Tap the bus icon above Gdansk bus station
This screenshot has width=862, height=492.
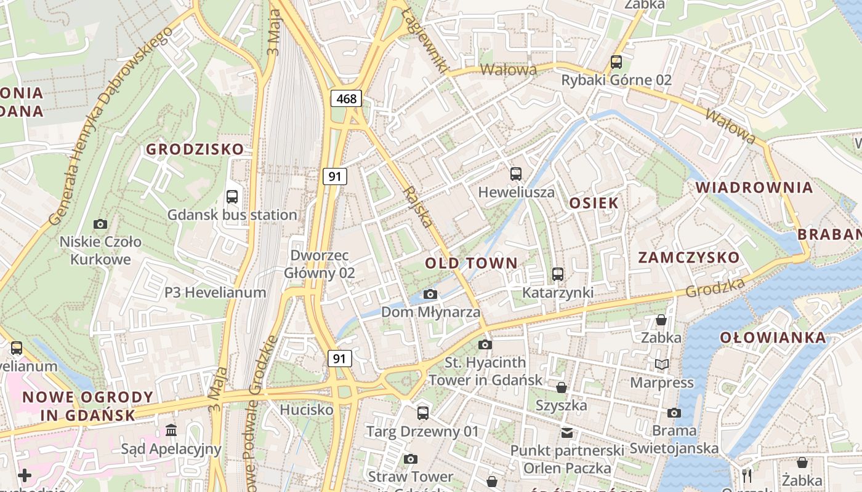point(232,197)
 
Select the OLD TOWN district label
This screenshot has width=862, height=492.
point(471,263)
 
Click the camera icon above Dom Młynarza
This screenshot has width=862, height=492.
point(430,295)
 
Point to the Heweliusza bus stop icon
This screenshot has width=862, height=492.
point(516,174)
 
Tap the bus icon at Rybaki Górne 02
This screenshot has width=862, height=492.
point(616,61)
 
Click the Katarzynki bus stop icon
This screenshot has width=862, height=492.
point(558,274)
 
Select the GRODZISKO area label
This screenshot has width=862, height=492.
point(195,149)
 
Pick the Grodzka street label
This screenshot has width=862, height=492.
point(714,288)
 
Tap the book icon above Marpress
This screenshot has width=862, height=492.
point(662,365)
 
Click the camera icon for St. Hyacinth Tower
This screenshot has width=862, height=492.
point(485,344)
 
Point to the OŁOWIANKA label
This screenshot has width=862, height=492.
point(773,338)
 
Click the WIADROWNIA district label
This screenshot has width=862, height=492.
point(754,188)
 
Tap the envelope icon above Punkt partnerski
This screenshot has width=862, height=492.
point(567,432)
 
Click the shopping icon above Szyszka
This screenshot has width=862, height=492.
point(561,387)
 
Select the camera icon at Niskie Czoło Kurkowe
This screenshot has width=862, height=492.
point(100,224)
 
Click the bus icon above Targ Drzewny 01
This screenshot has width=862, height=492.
point(422,413)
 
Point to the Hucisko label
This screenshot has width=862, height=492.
point(307,410)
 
